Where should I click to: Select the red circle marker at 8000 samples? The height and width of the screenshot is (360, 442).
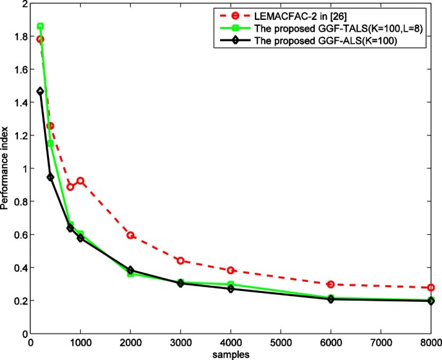[431, 288]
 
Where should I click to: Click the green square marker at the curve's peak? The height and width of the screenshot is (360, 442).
[40, 26]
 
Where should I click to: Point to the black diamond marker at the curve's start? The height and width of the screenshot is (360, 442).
[40, 92]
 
